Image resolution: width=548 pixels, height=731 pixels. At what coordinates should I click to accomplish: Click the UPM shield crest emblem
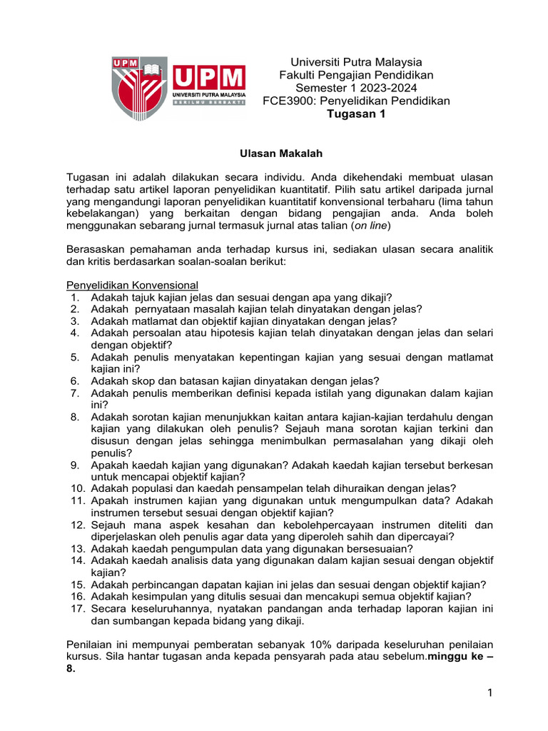tap(139, 87)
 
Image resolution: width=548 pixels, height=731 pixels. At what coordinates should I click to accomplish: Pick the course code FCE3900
tap(288, 101)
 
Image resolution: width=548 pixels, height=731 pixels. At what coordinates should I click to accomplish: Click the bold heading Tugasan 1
tap(355, 114)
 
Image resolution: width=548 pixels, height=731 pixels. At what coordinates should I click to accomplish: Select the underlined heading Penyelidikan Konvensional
tap(132, 285)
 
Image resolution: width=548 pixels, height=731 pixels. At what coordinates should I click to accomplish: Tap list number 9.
tap(75, 465)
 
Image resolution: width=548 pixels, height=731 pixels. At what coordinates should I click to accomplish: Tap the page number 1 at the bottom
tap(491, 693)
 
